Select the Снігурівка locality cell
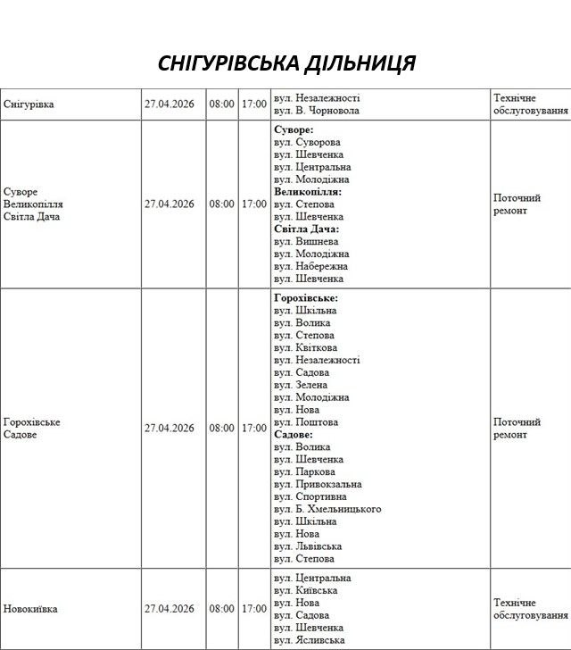29,104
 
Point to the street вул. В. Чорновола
317,111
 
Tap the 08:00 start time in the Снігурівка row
222,104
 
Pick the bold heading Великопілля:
308,192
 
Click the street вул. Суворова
308,142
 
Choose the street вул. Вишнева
306,241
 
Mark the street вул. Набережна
311,266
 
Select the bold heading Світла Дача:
307,229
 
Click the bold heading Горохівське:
306,297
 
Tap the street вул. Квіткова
306,347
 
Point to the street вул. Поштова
306,422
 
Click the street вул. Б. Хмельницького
327,509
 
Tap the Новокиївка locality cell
31,609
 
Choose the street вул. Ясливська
310,640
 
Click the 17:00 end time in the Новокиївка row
253,609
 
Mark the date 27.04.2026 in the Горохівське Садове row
170,429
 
